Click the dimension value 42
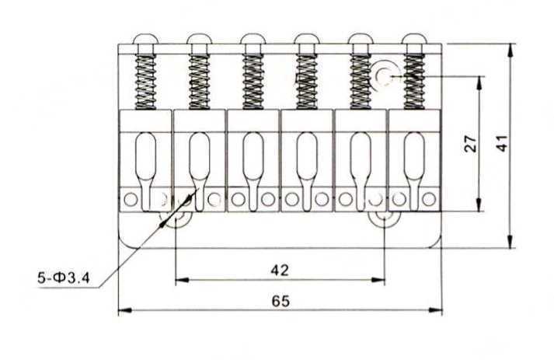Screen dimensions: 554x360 click(x=280, y=271)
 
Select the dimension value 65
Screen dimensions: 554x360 click(x=281, y=302)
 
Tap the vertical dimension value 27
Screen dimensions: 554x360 click(x=470, y=144)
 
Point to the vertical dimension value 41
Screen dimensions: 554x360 click(x=501, y=143)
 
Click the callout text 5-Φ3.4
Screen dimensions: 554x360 click(x=64, y=278)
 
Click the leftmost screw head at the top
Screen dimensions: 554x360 click(x=145, y=39)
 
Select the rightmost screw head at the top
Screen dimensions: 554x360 click(x=413, y=39)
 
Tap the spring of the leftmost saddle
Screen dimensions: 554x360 click(x=145, y=82)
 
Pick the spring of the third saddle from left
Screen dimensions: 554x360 click(x=253, y=82)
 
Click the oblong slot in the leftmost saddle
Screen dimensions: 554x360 click(x=145, y=156)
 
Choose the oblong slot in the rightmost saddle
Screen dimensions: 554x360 click(x=414, y=156)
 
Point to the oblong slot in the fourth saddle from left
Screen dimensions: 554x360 click(x=307, y=156)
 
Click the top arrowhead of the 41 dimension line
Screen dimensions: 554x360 click(x=510, y=51)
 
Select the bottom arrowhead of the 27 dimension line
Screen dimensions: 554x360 click(x=479, y=204)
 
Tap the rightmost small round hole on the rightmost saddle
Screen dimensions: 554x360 click(x=429, y=199)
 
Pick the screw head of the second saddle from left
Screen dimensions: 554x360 click(x=199, y=39)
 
